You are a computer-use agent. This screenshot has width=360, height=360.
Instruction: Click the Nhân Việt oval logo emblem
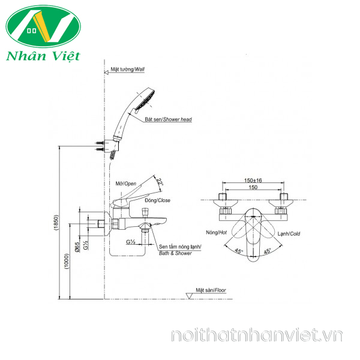43,26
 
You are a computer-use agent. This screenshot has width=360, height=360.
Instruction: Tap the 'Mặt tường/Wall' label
128,69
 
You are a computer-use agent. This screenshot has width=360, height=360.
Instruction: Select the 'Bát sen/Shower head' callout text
168,119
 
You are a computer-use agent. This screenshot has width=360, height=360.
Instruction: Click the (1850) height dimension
56,222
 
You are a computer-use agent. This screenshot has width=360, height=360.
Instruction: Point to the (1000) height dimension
67,261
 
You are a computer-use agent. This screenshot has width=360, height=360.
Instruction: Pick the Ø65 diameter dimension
77,247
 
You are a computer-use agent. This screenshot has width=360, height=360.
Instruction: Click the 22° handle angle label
160,182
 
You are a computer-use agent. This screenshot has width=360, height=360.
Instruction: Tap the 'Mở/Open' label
126,184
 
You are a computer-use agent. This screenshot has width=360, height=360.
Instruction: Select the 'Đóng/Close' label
157,200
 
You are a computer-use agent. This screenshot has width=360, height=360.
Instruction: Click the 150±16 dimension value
253,181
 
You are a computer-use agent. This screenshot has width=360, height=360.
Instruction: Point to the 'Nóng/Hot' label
216,233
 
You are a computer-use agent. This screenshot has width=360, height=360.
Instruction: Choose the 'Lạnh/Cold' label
289,234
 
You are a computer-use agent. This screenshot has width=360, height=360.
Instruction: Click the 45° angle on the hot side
239,251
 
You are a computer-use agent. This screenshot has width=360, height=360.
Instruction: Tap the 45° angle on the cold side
267,251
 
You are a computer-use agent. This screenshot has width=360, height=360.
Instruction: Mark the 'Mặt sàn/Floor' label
211,290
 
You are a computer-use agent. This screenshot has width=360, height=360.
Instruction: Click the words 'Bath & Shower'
175,253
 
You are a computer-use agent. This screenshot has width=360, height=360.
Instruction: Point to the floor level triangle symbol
189,296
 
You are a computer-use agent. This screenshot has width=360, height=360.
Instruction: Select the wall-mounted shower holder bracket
111,146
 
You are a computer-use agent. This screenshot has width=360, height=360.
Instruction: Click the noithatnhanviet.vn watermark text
257,335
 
